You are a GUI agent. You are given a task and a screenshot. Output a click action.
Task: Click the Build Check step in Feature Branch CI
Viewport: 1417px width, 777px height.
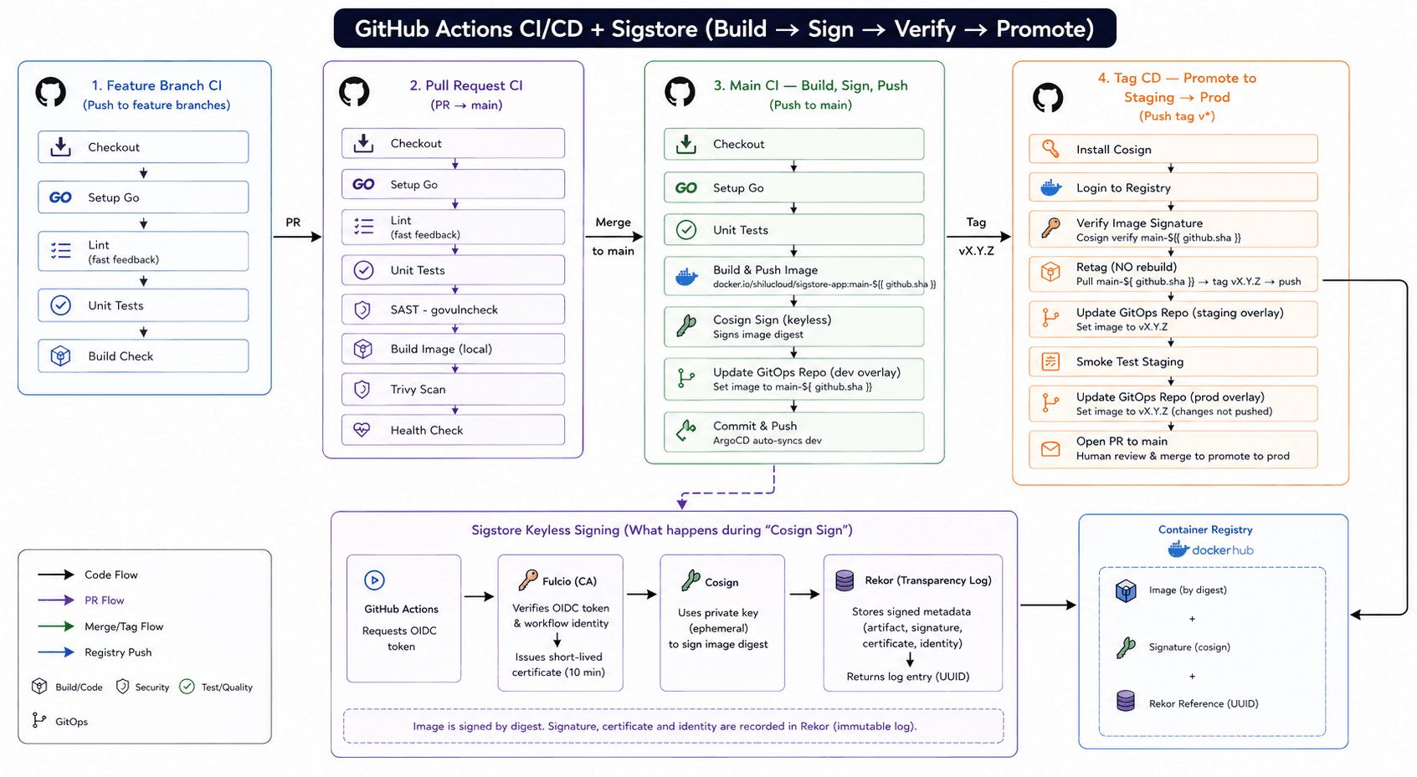coord(143,356)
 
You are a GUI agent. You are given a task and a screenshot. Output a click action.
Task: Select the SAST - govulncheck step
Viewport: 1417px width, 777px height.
coord(453,309)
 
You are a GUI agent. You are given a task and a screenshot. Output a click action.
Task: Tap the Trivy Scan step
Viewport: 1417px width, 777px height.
coord(453,390)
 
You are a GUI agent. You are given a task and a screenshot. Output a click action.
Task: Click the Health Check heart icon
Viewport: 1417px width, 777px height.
coord(362,430)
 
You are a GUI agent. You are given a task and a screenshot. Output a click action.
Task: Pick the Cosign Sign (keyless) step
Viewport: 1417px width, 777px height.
coord(794,327)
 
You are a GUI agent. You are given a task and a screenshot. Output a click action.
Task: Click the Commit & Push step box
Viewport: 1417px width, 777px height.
coord(794,432)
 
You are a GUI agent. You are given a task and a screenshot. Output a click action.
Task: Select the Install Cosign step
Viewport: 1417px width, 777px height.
coord(1173,149)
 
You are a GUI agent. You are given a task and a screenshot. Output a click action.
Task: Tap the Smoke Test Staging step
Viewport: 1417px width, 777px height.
coord(1173,361)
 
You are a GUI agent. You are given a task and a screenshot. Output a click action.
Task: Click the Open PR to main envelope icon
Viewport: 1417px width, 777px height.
coord(1050,449)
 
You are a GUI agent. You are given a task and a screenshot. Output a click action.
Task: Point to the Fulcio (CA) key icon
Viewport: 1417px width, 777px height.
coord(527,579)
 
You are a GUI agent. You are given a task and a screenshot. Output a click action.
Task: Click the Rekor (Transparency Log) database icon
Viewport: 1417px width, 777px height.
coord(845,580)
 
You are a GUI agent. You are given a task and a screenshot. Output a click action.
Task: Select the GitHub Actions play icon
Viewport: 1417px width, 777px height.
coord(374,580)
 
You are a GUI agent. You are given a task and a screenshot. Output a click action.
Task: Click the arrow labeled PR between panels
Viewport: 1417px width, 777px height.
coord(297,237)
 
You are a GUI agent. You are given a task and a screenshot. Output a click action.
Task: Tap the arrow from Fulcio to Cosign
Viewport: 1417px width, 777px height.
coord(641,595)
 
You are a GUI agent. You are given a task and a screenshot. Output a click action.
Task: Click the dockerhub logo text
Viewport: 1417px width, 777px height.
coord(1222,550)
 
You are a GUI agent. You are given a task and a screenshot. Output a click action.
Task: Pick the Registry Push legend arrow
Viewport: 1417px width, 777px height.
coord(56,652)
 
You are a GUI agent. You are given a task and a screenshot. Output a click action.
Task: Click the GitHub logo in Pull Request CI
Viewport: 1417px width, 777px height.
coord(354,92)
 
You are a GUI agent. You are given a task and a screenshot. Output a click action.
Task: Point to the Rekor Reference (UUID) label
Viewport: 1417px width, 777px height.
coord(1204,703)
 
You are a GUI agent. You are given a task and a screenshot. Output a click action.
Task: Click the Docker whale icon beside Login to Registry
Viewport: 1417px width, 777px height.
coord(1050,188)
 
